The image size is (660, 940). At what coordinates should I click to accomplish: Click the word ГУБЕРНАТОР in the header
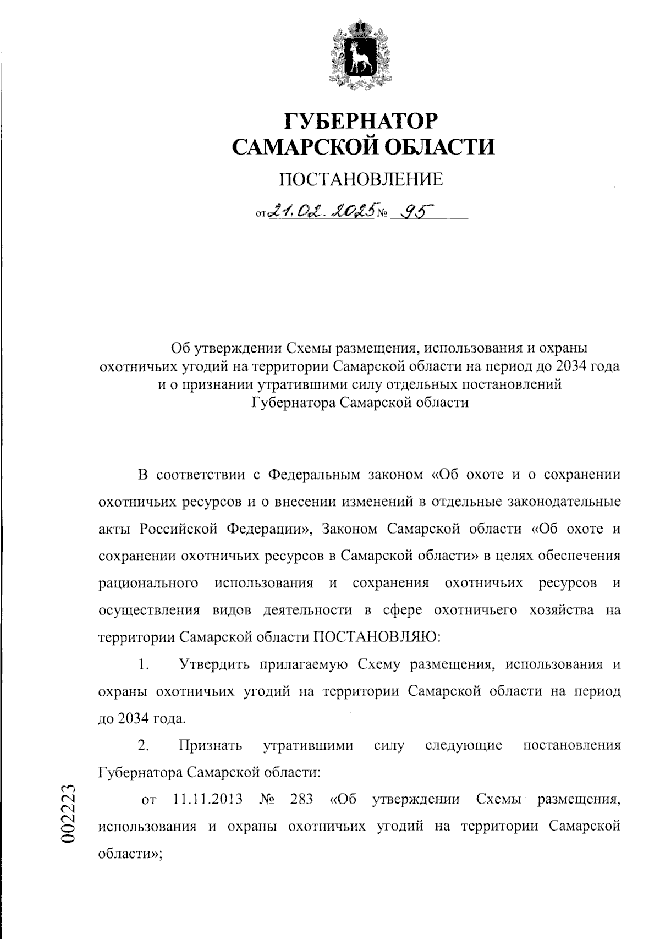pyautogui.click(x=361, y=120)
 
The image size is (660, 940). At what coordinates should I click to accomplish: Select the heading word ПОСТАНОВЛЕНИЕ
pyautogui.click(x=361, y=179)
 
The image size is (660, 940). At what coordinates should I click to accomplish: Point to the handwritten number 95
pyautogui.click(x=416, y=212)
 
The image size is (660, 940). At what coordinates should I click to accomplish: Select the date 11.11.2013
pyautogui.click(x=208, y=799)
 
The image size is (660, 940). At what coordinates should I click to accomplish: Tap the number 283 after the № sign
pyautogui.click(x=301, y=799)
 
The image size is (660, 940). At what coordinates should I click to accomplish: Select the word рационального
pyautogui.click(x=148, y=583)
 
